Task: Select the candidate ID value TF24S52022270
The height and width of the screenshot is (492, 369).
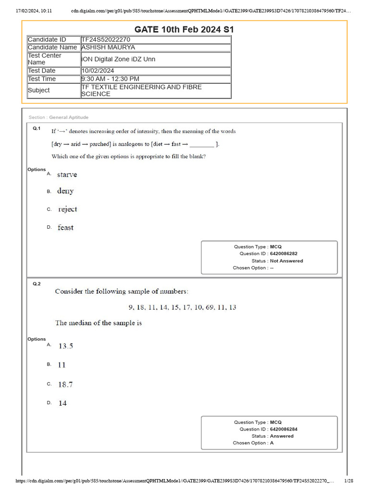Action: [x=106, y=39]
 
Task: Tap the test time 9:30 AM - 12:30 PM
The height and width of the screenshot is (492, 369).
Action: [x=110, y=79]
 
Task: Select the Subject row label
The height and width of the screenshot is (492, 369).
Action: [x=39, y=90]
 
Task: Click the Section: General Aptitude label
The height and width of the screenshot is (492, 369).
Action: [x=59, y=117]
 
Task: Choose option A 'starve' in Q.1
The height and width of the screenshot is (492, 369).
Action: [x=67, y=174]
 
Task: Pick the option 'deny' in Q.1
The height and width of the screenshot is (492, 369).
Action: [x=65, y=191]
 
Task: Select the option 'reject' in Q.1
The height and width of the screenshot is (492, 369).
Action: [x=67, y=209]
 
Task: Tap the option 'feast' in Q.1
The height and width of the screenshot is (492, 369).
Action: [x=66, y=228]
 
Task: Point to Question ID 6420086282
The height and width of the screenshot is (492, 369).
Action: [x=287, y=254]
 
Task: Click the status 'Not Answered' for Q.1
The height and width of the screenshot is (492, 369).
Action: [x=286, y=261]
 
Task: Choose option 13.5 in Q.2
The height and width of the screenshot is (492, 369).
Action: [x=66, y=346]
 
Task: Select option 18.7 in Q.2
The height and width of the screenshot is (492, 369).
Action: [x=66, y=384]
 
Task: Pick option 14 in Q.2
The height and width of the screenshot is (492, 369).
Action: [x=63, y=404]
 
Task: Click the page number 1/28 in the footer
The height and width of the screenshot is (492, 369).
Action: [x=349, y=481]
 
